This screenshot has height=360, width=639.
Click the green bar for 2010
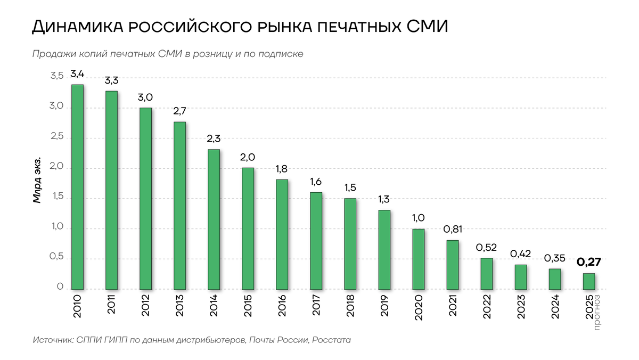coord(77,187)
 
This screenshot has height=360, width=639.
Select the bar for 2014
coord(214,219)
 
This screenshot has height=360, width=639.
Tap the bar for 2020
coord(418,259)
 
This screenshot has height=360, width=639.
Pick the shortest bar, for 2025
coord(589,281)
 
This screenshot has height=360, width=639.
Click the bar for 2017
coord(316,241)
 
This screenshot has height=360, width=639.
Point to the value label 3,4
coord(77,74)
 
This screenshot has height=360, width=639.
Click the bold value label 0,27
coord(589,262)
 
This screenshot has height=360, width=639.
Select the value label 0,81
coord(453,229)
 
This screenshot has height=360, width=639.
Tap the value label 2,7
coord(180,111)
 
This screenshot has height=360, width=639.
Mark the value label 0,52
coord(486,247)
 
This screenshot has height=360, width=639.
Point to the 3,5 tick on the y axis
coord(57,76)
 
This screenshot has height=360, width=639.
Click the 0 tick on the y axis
coord(60,287)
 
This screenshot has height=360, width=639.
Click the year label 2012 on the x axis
coord(145,306)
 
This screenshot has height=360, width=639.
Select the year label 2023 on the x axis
coord(521,307)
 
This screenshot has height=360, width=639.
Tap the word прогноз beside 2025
coord(597,313)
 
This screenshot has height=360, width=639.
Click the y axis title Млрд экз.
coord(37,179)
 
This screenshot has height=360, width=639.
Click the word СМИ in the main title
coord(427,27)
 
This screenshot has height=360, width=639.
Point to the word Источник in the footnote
coord(54,340)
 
